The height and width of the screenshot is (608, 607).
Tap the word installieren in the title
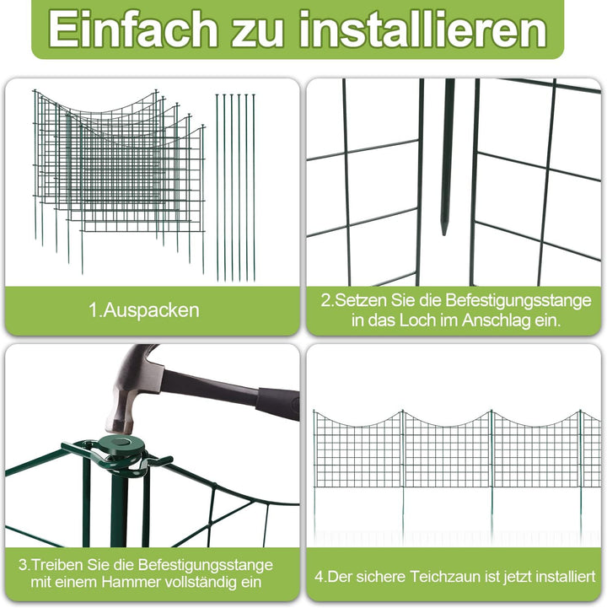pos(423,30)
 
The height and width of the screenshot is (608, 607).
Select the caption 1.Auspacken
pos(144,310)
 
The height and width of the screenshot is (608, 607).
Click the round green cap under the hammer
pos(121,444)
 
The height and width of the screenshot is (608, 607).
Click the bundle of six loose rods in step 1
pos(235,187)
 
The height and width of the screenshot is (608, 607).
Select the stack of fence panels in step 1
pos(119,181)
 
